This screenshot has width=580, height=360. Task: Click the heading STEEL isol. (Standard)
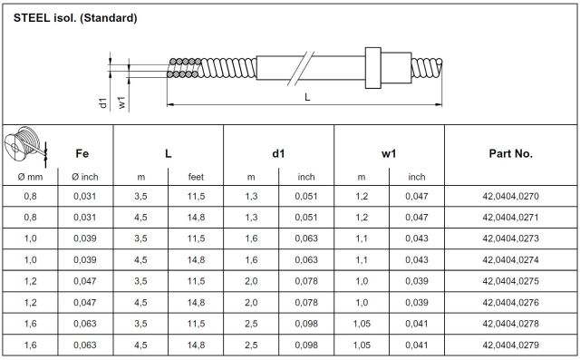coord(75,18)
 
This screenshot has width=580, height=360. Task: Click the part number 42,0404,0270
coord(510,196)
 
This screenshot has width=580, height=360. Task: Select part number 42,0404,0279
coord(510,345)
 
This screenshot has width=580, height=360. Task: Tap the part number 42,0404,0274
coord(510,259)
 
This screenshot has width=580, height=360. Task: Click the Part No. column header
coord(511,153)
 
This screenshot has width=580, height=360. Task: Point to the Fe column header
coord(82,153)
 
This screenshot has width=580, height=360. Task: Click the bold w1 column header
coord(389,153)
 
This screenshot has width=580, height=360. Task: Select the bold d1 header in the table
coord(278,153)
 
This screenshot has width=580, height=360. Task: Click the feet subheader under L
coord(196,177)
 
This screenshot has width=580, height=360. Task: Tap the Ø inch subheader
coord(85,177)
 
